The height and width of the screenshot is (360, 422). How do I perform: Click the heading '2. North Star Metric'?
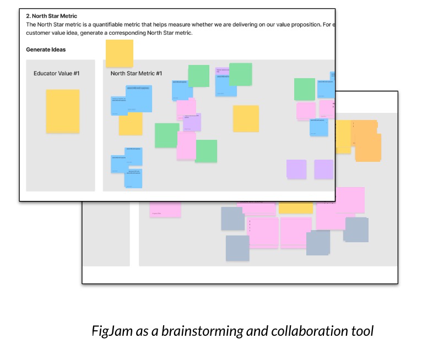[51, 16]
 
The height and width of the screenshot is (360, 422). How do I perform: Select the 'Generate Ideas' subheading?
[46, 50]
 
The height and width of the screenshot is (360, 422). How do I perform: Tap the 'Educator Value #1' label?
[57, 73]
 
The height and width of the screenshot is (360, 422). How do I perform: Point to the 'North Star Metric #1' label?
[136, 73]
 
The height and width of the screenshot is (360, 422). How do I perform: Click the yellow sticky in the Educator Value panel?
[62, 111]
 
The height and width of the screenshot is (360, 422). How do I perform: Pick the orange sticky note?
[367, 141]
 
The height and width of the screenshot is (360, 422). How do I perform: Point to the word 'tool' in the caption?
[364, 331]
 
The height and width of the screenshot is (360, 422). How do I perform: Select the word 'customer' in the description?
[39, 34]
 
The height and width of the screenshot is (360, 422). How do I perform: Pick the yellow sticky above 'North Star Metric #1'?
[119, 53]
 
